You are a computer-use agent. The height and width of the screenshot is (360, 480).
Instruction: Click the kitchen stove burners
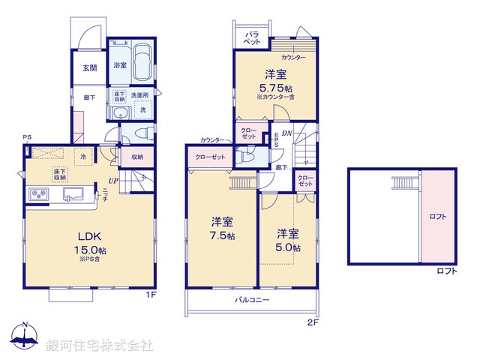click(39, 196)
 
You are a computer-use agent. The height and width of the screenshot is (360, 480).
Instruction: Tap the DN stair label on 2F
click(287, 133)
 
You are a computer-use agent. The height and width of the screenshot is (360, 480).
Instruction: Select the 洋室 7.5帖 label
click(222, 228)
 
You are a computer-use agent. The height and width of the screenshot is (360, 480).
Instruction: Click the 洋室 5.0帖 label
click(286, 239)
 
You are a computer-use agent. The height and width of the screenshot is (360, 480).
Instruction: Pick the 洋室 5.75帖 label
click(275, 80)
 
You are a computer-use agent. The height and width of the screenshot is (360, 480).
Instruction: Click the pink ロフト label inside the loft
click(437, 217)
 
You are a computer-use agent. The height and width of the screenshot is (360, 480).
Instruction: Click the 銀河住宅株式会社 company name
click(100, 346)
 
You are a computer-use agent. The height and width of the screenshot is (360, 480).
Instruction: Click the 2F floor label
click(313, 322)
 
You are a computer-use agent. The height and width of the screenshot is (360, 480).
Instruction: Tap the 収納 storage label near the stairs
click(136, 157)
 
